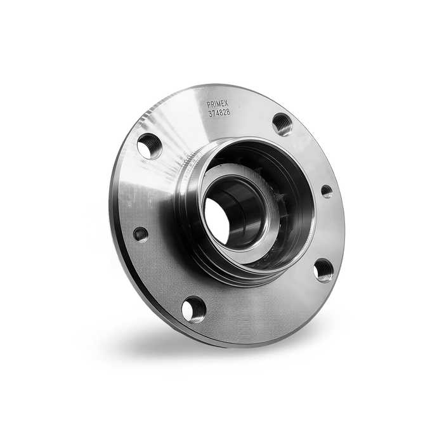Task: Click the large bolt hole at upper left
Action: (x=150, y=146)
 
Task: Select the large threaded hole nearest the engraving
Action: (x=282, y=124)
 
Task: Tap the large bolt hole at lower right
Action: (x=323, y=270)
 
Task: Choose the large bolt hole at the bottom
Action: (x=193, y=309)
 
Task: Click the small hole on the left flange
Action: (x=141, y=234)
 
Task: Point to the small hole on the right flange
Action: (x=327, y=190)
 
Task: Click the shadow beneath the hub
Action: (x=190, y=346)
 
